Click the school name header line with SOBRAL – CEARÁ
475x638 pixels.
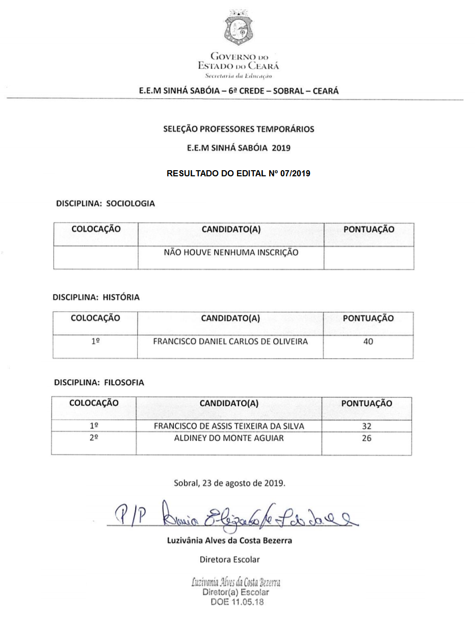239,91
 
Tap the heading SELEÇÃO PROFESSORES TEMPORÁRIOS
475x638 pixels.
239,129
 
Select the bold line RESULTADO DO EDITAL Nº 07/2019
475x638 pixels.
239,173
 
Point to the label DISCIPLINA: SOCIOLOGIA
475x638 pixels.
105,203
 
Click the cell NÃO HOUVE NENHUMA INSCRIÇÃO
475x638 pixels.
231,252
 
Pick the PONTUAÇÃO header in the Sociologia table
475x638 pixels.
368,229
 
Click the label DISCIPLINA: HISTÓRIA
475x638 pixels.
96,297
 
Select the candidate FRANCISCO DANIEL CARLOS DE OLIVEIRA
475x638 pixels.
230,341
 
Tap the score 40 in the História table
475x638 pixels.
368,342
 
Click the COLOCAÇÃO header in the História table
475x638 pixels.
95,318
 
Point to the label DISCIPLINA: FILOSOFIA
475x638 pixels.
99,382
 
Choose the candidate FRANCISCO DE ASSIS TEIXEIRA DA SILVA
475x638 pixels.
229,426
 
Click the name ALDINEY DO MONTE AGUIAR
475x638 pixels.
229,438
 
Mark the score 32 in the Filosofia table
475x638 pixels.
366,427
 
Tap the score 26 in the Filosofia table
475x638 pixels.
366,438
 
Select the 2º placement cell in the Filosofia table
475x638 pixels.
94,438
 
